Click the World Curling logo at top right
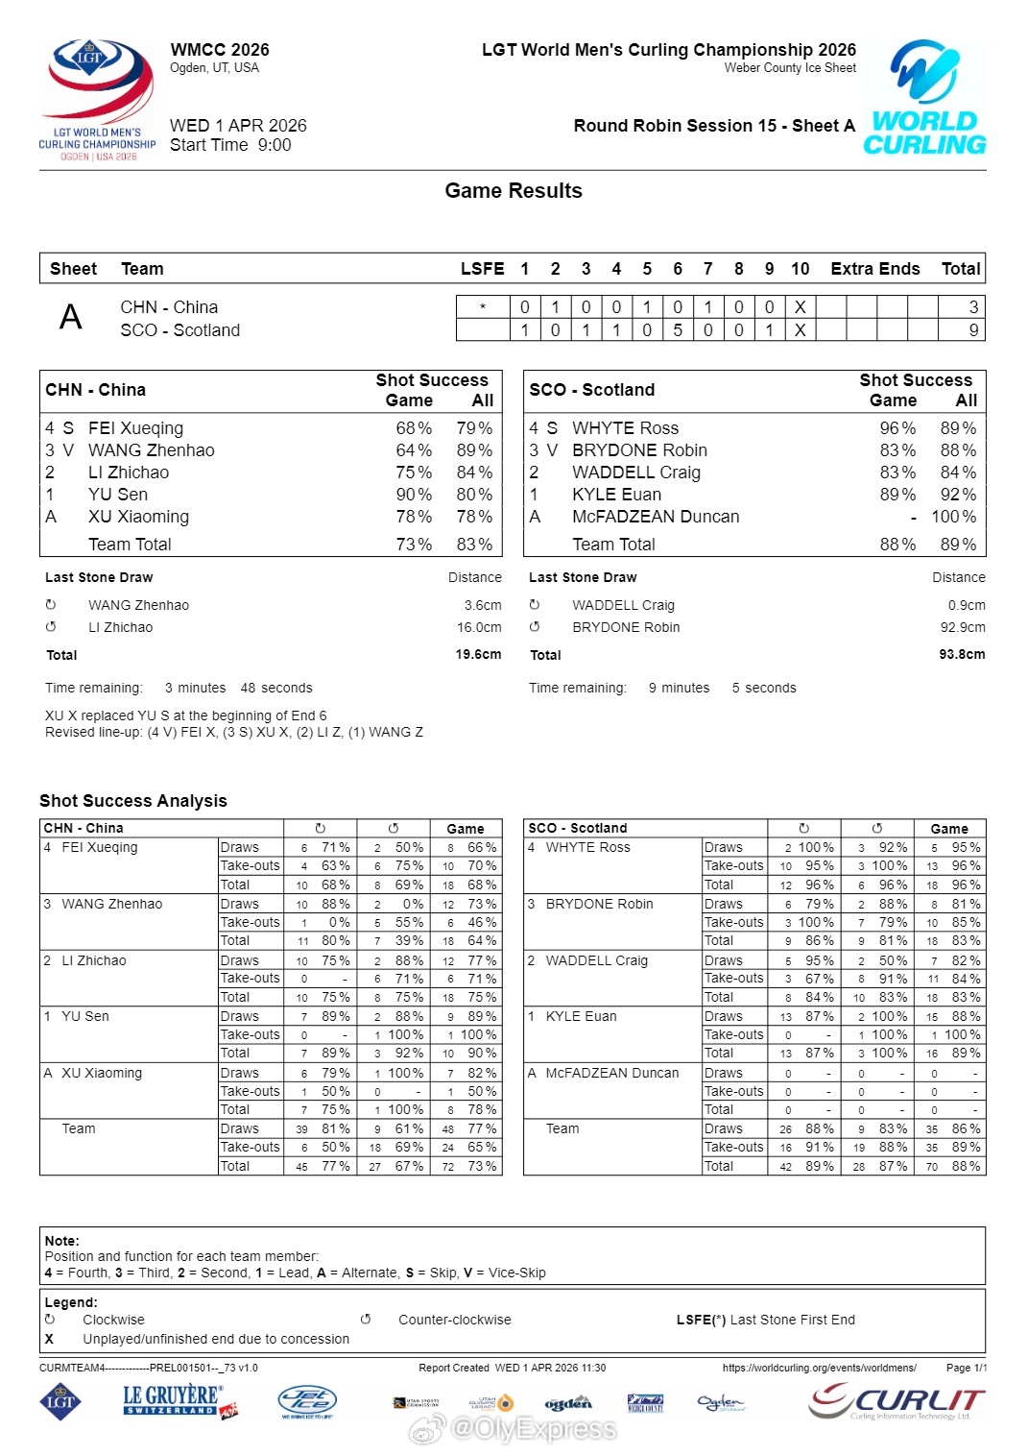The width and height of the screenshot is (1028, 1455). (924, 98)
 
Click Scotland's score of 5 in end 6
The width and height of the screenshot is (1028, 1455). (678, 330)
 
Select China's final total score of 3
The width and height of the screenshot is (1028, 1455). (973, 307)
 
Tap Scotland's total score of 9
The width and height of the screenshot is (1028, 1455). (973, 330)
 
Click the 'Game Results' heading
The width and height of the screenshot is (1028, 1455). (514, 191)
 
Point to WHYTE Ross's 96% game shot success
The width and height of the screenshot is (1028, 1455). (897, 428)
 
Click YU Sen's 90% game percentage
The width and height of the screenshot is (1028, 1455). (414, 495)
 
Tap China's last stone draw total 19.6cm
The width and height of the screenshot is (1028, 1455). (478, 655)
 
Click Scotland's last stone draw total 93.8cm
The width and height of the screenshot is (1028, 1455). (962, 655)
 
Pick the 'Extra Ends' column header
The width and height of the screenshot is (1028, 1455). (874, 269)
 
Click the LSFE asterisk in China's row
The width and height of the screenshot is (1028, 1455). (482, 307)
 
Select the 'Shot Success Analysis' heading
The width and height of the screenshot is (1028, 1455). (133, 801)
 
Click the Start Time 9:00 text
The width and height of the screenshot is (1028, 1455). (230, 145)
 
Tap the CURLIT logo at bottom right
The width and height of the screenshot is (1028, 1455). (897, 1402)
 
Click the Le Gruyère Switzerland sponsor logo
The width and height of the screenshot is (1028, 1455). (179, 1400)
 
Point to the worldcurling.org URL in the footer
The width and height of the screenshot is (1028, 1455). (819, 1368)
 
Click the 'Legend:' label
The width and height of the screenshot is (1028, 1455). (71, 1302)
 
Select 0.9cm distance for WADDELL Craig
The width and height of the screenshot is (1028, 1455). (967, 605)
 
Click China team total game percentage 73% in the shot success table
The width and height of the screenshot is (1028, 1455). (414, 545)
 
